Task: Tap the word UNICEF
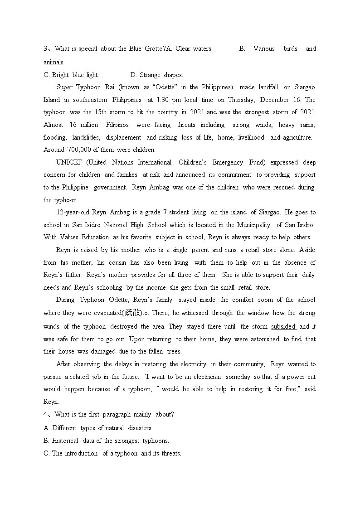68,162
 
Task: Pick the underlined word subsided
283,326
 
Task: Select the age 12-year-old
73,212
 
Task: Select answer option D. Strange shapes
156,75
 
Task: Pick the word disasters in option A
140,428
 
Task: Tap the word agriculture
297,137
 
